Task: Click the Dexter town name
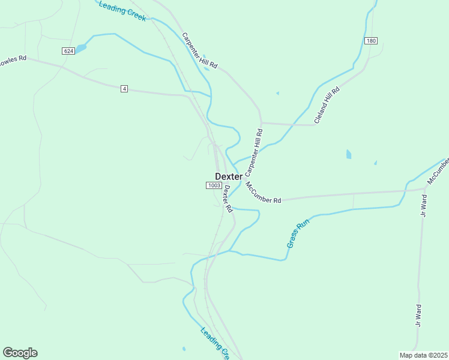[229, 176]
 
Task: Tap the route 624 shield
[68, 52]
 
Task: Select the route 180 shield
[370, 41]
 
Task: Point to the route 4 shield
[124, 89]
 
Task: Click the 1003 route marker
[214, 185]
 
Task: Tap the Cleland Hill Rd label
[327, 106]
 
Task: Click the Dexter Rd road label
[228, 199]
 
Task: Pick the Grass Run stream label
[297, 233]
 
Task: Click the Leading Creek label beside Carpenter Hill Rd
[123, 11]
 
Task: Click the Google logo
[20, 353]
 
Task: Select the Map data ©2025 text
[423, 355]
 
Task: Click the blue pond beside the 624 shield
[81, 48]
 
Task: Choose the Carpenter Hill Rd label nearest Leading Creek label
[199, 50]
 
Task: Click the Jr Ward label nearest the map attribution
[418, 316]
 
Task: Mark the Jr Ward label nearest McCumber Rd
[424, 205]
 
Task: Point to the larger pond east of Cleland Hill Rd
[349, 154]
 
